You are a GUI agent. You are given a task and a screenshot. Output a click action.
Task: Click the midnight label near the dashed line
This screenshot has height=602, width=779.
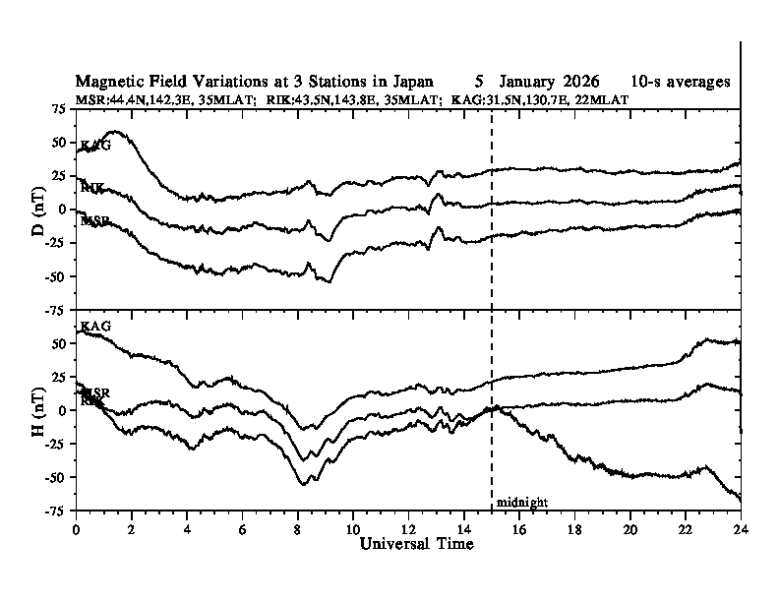(521, 503)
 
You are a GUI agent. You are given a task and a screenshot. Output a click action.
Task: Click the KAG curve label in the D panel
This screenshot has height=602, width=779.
(95, 146)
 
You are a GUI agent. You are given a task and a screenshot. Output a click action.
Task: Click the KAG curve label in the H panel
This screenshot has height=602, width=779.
(95, 326)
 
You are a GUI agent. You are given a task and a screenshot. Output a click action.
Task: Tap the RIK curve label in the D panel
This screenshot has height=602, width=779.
(92, 187)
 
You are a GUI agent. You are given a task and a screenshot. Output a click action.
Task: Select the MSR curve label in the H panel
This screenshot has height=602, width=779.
(95, 392)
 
